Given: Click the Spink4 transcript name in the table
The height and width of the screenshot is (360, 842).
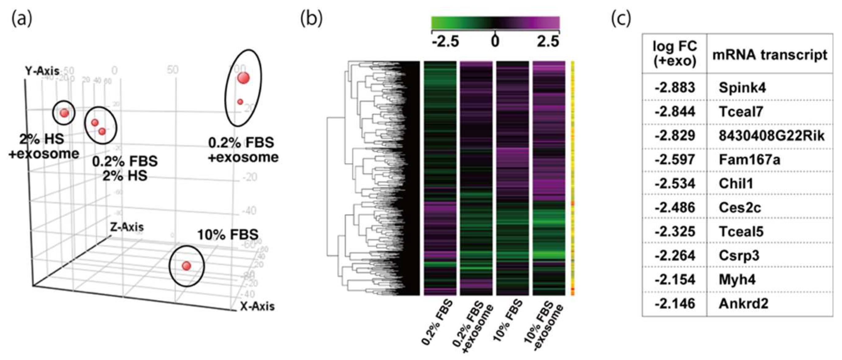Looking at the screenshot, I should tap(742, 88).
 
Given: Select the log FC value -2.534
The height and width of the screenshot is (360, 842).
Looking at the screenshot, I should tap(675, 184).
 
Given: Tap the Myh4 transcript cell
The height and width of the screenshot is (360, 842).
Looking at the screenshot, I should tap(737, 280).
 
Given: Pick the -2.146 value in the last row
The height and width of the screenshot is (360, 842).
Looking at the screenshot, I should tap(675, 304).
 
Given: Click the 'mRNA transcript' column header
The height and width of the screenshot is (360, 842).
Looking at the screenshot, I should tap(770, 55).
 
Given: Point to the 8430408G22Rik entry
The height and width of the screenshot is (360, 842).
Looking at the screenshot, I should tap(771, 136).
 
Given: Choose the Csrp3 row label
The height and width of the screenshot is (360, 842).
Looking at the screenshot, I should tap(739, 256).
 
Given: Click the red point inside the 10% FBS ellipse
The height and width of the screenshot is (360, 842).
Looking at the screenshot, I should tap(186, 266).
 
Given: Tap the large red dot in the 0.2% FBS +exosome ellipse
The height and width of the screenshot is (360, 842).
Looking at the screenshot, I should tap(243, 78).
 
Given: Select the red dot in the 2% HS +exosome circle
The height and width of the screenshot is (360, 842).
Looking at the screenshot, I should tap(64, 113).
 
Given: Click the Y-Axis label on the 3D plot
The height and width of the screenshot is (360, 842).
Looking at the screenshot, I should tap(42, 71).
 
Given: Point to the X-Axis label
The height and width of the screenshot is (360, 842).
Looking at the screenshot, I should tap(257, 307).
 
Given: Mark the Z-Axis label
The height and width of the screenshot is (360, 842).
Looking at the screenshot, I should tap(127, 227).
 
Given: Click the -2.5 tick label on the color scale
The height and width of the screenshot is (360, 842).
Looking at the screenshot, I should tap(445, 42).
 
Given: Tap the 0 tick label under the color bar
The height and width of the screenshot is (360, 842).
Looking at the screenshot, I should tap(495, 42).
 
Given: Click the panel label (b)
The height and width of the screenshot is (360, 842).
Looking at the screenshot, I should tap(311, 20).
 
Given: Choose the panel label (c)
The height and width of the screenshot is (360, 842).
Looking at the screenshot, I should tap(621, 20).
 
